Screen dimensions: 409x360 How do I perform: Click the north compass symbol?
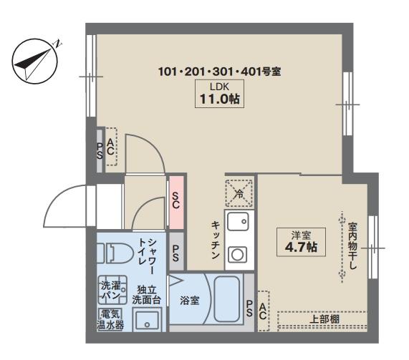34,62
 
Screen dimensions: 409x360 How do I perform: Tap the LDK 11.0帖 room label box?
219,94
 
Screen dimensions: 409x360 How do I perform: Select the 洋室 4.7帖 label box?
301,242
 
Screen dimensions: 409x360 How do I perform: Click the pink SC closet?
175,203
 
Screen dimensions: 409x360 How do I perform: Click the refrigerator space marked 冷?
239,193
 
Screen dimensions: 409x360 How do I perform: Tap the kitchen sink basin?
238,221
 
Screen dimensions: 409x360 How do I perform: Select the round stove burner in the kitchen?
237,255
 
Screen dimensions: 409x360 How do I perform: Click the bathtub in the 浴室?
226,299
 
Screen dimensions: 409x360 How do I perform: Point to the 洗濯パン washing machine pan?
112,290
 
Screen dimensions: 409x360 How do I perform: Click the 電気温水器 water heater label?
110,320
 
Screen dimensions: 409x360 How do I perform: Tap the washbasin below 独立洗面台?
147,320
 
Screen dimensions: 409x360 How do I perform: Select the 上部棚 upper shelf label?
324,319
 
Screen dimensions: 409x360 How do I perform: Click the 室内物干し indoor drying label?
352,245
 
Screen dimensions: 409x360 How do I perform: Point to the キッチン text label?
216,240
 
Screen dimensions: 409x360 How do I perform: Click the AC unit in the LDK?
111,147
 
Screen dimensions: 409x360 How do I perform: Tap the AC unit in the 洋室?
264,311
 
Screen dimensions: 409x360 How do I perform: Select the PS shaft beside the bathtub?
249,303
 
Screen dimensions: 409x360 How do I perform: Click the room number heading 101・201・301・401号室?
220,72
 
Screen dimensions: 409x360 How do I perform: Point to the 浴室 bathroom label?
190,301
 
